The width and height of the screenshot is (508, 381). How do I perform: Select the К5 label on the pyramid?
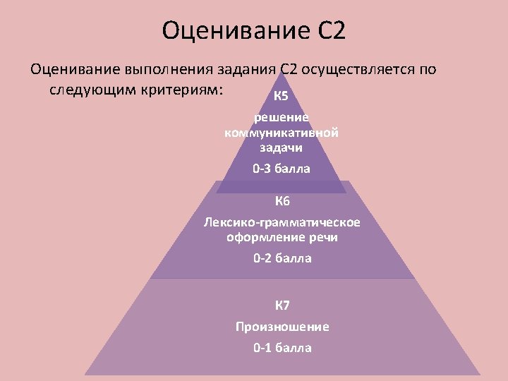pos(281,96)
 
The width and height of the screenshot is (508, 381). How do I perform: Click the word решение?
pos(282,118)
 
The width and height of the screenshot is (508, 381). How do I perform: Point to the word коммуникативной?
pos(282,133)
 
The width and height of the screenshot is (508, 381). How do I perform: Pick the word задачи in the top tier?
pos(282,147)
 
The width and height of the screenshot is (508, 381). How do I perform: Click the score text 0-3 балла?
pos(282,169)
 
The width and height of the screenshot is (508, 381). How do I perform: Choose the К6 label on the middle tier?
pos(282,202)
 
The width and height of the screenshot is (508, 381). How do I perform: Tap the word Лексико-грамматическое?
pos(282,222)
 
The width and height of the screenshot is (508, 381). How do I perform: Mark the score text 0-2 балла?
pos(282,258)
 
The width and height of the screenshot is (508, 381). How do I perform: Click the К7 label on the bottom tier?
pos(282,306)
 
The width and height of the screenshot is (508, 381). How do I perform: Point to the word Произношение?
pos(282,327)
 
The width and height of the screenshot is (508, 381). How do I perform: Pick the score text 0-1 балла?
pos(282,348)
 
